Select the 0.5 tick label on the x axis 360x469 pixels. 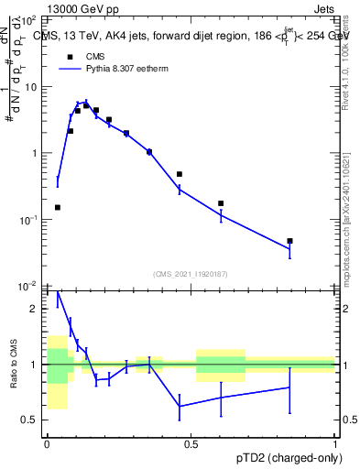click(x=191, y=444)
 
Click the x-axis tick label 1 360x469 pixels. click(x=335, y=444)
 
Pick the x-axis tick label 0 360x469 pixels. click(x=47, y=444)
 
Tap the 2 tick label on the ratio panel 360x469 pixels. click(x=35, y=309)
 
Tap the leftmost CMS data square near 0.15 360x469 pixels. click(x=58, y=207)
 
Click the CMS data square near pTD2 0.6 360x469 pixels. click(x=221, y=203)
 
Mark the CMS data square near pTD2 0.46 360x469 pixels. click(x=180, y=174)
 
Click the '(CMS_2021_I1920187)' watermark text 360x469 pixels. click(x=191, y=273)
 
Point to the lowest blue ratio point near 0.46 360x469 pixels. click(x=180, y=406)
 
